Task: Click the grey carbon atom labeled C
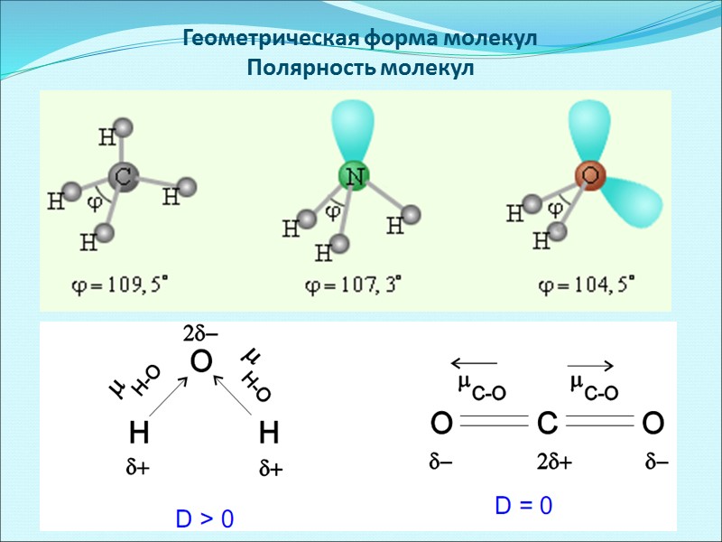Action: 125,177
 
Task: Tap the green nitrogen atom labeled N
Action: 355,176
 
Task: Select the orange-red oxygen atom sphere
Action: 591,175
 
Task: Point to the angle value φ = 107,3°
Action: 353,287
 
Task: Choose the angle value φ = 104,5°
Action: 586,287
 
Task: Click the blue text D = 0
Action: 523,506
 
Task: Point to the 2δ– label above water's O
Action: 201,334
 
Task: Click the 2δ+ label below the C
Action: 554,463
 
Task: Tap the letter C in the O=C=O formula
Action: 550,423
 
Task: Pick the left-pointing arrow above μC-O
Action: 475,365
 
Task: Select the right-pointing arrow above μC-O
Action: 592,365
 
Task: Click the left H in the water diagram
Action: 138,435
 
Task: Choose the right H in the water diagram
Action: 269,435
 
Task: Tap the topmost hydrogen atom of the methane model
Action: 125,127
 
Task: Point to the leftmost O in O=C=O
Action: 441,423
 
